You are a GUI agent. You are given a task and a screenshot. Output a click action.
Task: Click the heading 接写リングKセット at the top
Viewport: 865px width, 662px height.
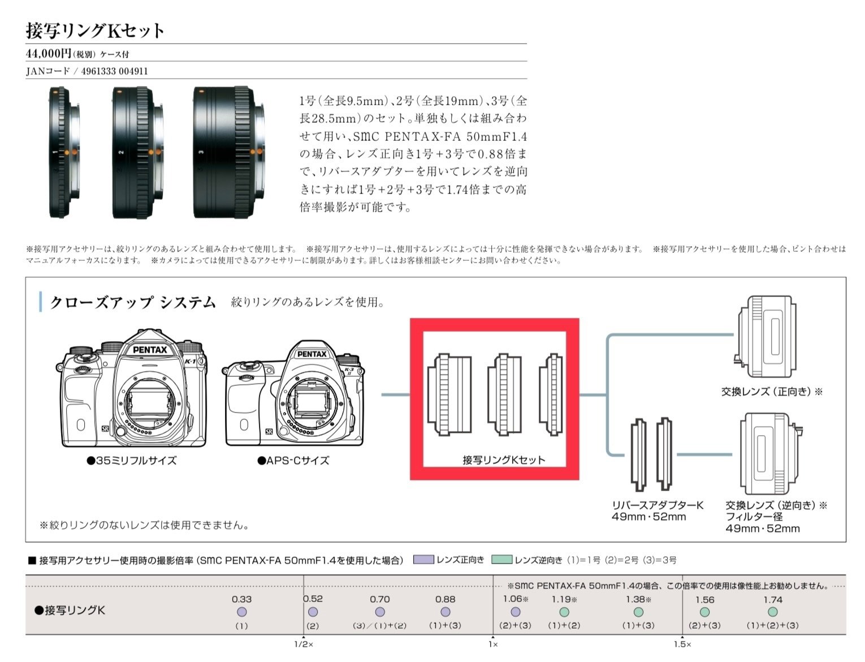[95, 31]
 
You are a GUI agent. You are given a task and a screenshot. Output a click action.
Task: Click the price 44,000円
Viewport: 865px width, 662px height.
[49, 54]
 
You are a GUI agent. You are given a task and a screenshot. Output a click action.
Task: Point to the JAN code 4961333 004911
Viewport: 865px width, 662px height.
[115, 71]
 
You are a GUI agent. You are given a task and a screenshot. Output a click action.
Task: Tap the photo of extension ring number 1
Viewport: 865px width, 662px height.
[62, 152]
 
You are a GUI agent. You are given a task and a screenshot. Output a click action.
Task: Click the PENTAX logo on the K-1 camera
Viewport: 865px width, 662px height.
[149, 350]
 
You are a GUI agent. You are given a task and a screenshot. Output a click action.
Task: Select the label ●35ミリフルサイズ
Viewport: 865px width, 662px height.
[131, 461]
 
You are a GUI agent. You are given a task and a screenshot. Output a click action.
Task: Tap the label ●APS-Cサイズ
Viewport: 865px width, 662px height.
[293, 461]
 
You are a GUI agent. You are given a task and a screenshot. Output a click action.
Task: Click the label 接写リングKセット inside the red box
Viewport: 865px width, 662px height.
[504, 460]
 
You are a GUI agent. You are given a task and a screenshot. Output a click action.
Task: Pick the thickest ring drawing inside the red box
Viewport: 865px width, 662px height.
[449, 394]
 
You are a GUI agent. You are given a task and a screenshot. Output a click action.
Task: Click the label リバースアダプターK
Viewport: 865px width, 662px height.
[657, 505]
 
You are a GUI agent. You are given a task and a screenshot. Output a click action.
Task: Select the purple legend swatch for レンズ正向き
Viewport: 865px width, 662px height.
[423, 560]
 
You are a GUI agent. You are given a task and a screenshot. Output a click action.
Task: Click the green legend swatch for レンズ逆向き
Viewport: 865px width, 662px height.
[501, 560]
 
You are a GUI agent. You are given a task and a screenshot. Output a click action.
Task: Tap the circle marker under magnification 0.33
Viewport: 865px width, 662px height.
[241, 612]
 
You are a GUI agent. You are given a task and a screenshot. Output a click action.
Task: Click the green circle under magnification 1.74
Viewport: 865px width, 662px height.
[772, 612]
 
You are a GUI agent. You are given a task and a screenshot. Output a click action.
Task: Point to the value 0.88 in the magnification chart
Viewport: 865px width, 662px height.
[445, 599]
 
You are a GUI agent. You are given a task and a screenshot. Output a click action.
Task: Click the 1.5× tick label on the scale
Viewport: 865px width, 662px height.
[682, 644]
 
